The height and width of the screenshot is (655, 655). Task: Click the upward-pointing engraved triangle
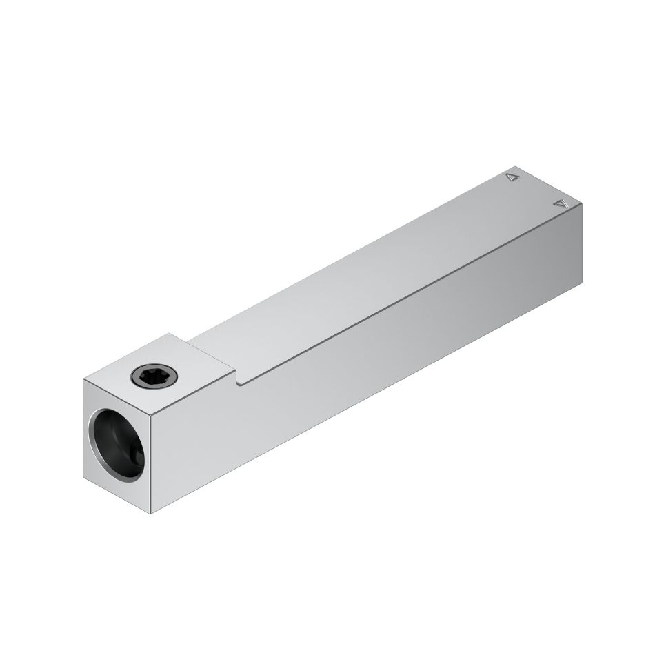pos(512,177)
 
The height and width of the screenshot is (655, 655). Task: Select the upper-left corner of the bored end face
pos(83,381)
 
